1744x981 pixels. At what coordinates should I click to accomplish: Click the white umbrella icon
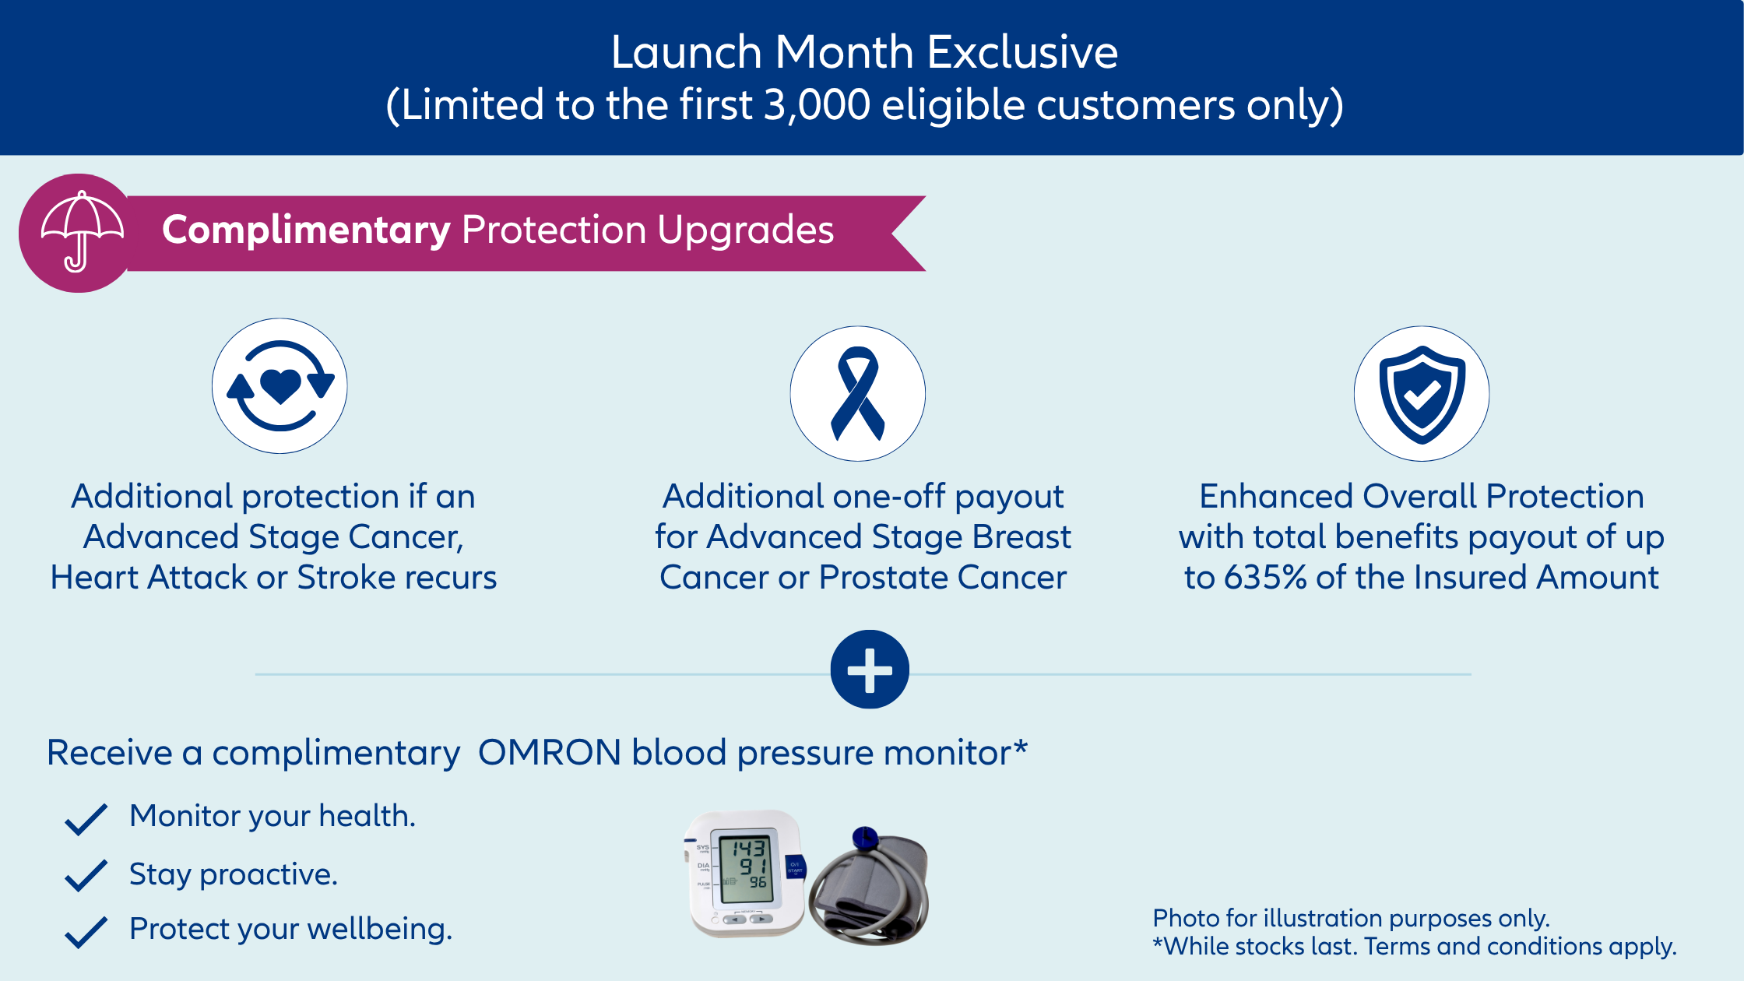(82, 232)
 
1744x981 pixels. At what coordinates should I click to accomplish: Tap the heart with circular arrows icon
(280, 385)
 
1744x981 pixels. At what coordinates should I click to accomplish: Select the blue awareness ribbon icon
(857, 393)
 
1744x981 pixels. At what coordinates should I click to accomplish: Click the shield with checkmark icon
(1422, 394)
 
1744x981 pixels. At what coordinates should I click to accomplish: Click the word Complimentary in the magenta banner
(306, 230)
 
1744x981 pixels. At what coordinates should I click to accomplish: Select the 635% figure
(1264, 578)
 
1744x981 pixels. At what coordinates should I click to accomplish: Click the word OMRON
(549, 753)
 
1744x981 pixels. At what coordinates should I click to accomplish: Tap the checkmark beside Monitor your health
(86, 819)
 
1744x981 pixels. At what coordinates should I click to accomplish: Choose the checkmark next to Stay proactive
(86, 875)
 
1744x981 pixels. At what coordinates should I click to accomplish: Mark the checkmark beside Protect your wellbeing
(86, 932)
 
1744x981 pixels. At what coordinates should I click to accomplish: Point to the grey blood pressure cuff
(870, 887)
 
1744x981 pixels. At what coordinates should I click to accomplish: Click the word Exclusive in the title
(1022, 53)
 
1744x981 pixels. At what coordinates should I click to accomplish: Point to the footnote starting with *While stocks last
(1414, 947)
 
